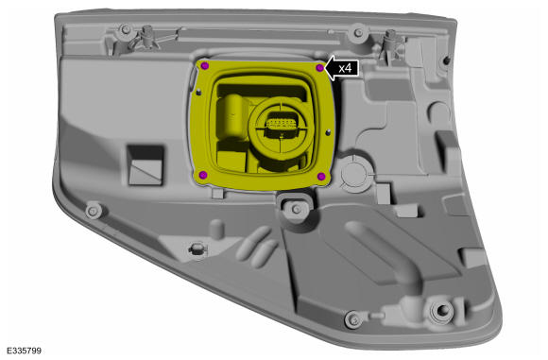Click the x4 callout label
pos(345,68)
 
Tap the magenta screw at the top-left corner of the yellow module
pos(205,65)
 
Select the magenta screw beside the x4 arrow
pos(319,68)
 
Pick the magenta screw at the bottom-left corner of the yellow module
pos(203,175)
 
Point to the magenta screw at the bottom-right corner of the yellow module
pos(321,176)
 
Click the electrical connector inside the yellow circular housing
pos(281,125)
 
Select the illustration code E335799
pos(24,351)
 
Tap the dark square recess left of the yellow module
pos(146,165)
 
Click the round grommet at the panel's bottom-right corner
pos(442,309)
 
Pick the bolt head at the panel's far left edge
pos(94,211)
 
